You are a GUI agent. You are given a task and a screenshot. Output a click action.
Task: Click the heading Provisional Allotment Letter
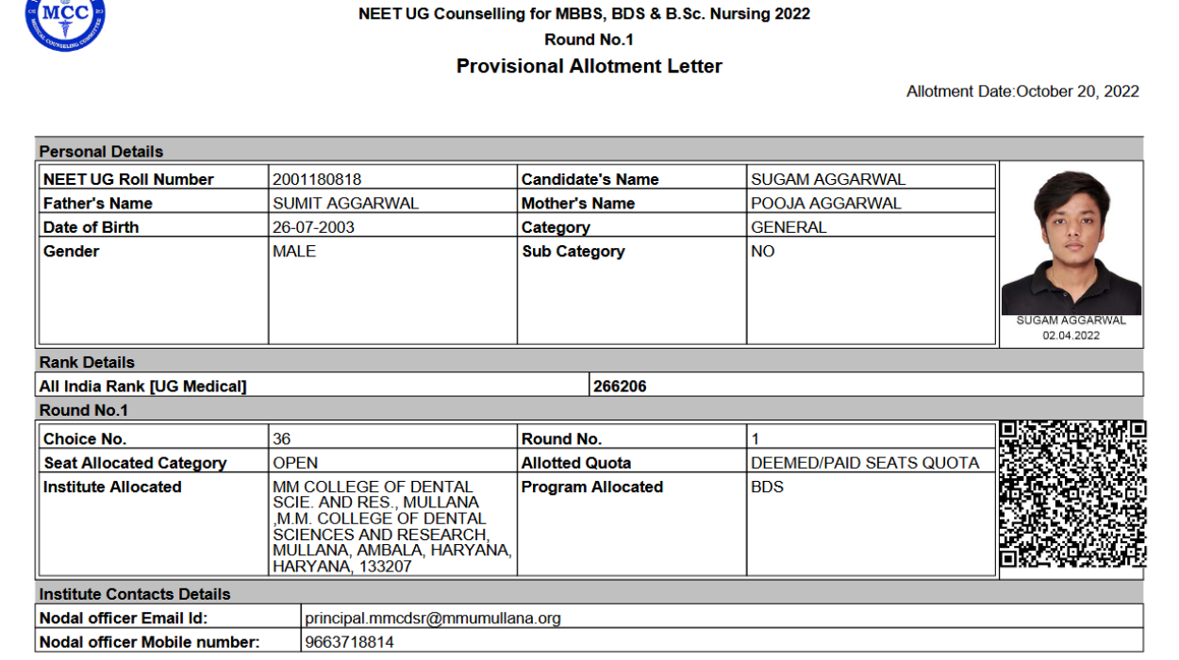589,66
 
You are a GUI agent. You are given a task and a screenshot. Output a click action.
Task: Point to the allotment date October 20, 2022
1077,91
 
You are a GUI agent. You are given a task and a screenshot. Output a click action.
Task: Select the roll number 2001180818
317,179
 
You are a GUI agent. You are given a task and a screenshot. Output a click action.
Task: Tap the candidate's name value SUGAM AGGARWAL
827,179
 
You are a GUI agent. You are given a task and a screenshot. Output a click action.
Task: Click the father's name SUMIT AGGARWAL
345,203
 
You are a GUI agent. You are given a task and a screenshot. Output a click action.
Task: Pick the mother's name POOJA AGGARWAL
825,203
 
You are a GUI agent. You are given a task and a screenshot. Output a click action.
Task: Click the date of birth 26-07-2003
313,227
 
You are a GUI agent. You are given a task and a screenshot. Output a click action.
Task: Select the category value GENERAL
789,227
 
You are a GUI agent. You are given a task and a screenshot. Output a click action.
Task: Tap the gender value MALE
294,252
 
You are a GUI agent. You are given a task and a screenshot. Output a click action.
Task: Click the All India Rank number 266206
620,387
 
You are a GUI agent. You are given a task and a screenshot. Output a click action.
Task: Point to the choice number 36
281,438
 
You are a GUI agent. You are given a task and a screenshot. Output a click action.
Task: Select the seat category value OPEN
295,463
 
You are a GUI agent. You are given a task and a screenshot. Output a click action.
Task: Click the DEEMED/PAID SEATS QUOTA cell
865,463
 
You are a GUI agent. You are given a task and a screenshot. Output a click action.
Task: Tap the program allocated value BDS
767,487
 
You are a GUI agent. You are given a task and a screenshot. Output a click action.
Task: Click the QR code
1072,495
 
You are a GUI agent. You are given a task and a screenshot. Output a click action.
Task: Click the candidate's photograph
1071,240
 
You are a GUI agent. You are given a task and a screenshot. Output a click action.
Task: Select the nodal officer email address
433,619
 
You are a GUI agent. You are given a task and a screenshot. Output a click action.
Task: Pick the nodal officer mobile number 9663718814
349,642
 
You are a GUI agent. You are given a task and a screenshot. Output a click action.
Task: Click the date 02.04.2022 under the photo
1071,335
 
